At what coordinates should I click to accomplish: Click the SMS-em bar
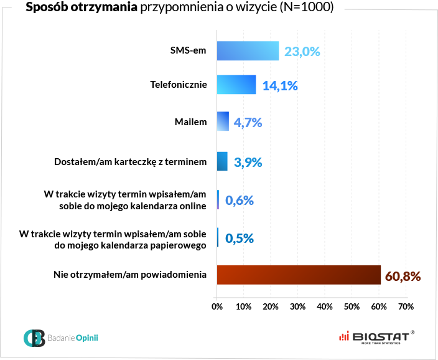248,51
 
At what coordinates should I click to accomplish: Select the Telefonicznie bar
236,85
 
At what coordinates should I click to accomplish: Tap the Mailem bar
223,121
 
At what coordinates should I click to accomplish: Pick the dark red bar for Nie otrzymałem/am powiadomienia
299,275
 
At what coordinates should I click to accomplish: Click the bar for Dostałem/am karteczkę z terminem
222,161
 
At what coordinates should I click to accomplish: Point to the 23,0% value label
302,52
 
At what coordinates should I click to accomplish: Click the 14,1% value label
280,86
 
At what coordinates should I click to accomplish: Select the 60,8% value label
403,275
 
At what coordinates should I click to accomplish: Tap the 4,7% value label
248,123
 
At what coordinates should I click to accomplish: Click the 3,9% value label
248,163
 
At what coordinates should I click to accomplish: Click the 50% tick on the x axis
352,306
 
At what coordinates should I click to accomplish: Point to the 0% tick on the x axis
217,306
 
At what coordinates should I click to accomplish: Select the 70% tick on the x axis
406,306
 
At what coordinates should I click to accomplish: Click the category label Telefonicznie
179,84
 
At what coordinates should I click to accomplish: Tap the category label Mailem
190,122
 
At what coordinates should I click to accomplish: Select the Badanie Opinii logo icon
34,338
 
